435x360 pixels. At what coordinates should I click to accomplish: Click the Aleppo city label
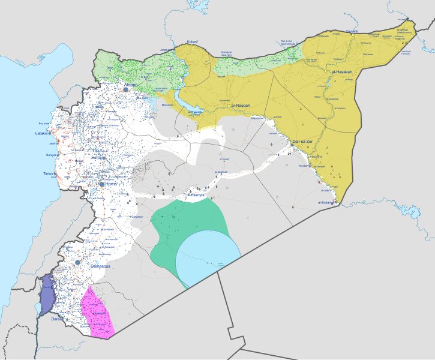tap(130, 85)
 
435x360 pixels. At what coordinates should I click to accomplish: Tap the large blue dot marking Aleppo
tap(126, 90)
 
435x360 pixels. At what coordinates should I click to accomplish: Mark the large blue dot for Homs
tap(102, 185)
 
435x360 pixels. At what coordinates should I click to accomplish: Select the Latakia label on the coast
tap(42, 133)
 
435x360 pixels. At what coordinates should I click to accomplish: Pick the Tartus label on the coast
tap(49, 173)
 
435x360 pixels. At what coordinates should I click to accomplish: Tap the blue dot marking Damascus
tap(78, 262)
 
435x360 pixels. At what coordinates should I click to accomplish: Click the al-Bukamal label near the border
tap(327, 203)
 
